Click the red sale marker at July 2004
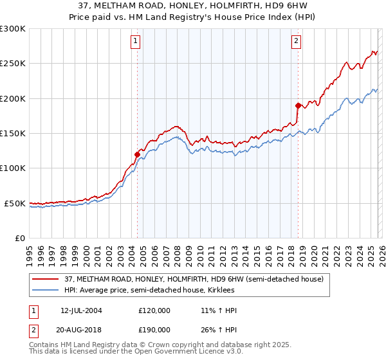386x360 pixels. click(x=137, y=154)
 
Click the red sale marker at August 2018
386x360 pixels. click(x=298, y=105)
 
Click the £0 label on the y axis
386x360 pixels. click(x=19, y=238)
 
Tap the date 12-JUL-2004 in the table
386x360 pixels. click(x=81, y=310)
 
